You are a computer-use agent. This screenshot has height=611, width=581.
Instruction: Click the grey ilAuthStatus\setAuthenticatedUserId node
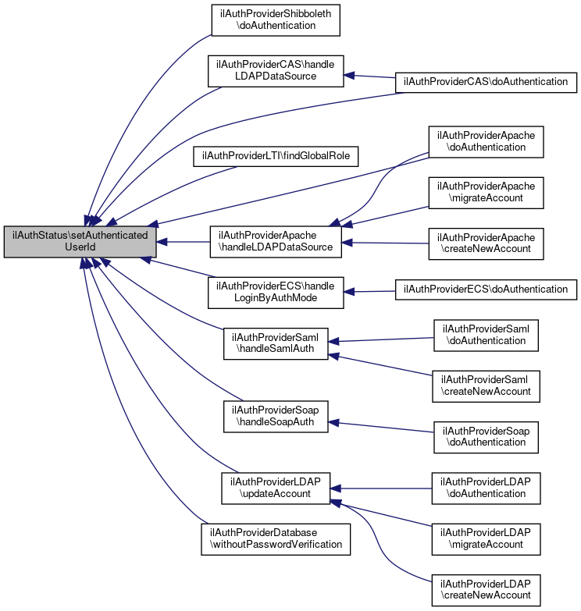point(80,242)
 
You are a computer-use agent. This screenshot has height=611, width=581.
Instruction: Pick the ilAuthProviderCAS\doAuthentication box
point(486,81)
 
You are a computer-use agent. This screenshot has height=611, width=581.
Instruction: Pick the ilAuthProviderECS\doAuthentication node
point(486,290)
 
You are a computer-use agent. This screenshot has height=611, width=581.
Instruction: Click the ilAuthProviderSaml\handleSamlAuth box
point(276,343)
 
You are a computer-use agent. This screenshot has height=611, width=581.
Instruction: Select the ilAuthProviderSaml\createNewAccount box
point(486,385)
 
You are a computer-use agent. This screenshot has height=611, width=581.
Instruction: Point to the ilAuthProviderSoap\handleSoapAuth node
point(276,415)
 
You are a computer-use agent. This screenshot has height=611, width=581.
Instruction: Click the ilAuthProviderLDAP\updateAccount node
point(276,488)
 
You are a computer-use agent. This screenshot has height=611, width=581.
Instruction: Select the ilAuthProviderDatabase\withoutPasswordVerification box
point(276,538)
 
